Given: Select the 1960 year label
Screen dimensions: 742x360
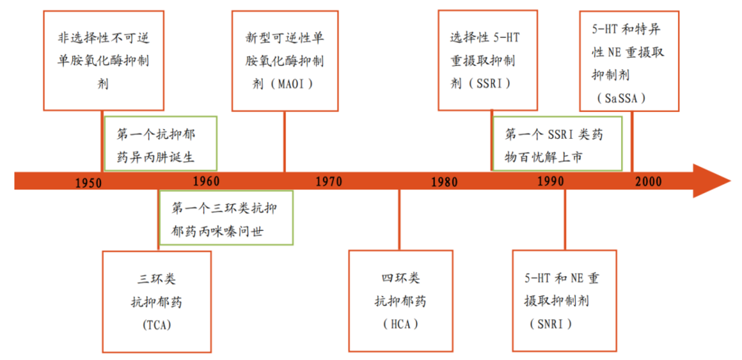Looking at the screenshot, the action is coord(206,181).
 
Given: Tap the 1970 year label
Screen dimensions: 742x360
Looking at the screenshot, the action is coord(327,181).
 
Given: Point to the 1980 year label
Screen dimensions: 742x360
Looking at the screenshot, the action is coord(444,182).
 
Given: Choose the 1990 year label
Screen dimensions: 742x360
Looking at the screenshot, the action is coord(550,181).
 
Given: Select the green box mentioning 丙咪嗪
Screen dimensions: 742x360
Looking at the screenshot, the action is coord(226,218).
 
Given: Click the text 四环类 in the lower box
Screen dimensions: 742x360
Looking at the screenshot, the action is coord(401,279).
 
